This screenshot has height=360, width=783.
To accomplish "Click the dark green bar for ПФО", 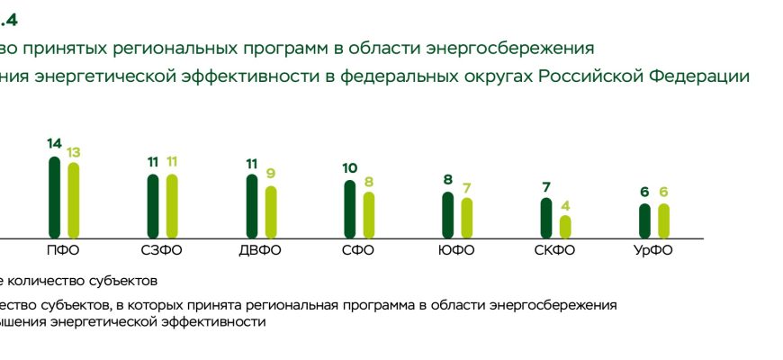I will (54, 197).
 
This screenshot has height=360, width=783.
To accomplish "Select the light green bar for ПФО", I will (74, 200).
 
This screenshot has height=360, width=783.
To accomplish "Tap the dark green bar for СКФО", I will (545, 218).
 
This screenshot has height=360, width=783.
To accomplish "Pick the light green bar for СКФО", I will (565, 226).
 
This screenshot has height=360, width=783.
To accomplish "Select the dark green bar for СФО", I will (349, 209).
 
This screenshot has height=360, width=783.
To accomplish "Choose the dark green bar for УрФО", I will (644, 220).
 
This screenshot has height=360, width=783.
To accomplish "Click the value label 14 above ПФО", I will (54, 144).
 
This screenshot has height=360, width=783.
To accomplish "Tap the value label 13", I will (74, 150).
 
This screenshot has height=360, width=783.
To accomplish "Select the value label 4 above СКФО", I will (565, 204).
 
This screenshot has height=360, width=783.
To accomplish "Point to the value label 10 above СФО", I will (349, 168).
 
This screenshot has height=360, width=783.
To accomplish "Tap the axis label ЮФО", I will (456, 250).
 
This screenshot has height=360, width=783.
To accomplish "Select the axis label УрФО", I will (653, 250).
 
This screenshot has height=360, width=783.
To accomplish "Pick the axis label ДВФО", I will (261, 250).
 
